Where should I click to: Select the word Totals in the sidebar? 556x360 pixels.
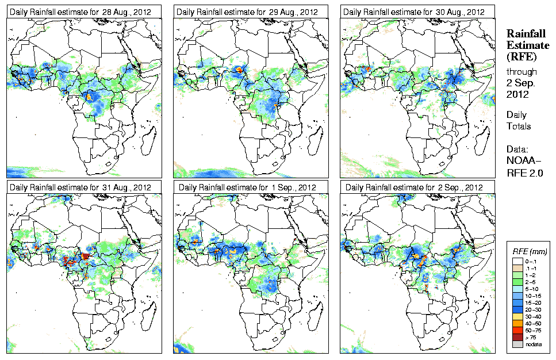coord(519,126)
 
